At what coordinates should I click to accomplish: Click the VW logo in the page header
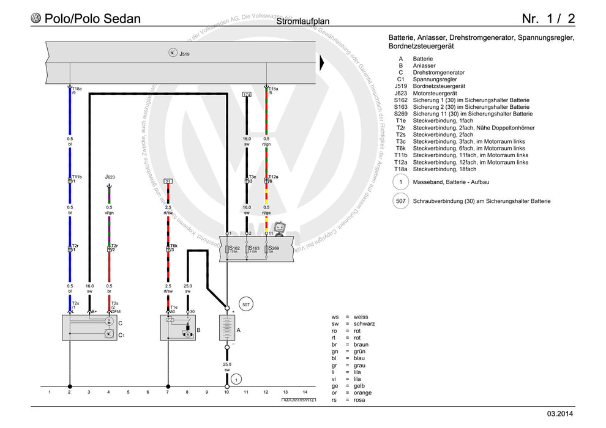36,18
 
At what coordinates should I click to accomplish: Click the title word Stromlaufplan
302,22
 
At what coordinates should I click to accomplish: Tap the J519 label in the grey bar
184,54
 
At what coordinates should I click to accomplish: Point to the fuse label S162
235,249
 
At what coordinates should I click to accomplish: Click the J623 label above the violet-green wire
110,177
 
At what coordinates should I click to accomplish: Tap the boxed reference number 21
168,182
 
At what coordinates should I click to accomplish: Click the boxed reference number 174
247,95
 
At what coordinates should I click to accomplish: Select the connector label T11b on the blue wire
77,176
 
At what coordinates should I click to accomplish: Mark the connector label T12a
273,176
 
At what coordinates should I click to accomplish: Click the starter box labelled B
184,328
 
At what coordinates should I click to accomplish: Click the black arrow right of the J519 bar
323,61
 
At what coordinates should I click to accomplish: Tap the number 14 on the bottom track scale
305,392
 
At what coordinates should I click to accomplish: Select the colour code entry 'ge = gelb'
353,386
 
